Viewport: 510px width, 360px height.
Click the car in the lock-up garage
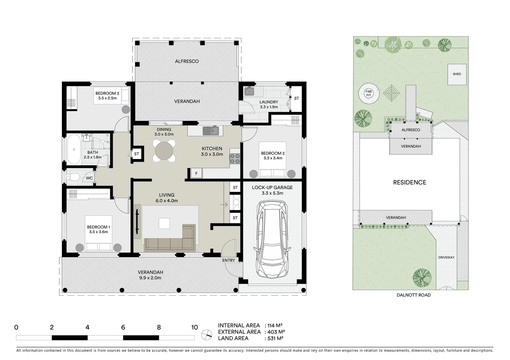click(x=272, y=239)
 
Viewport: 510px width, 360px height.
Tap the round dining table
click(x=164, y=151)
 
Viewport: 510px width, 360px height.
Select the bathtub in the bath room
click(x=74, y=149)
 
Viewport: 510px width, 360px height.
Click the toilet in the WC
click(x=73, y=177)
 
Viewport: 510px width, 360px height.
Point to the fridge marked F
click(x=196, y=174)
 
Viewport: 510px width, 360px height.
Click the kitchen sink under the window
click(x=210, y=131)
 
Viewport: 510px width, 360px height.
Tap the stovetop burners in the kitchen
click(x=235, y=159)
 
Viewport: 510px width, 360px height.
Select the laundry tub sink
click(x=249, y=91)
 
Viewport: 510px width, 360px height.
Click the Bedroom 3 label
click(x=107, y=93)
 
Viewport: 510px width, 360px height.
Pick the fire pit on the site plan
click(x=369, y=94)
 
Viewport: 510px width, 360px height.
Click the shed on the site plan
click(x=457, y=74)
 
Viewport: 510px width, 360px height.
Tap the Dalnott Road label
click(x=414, y=295)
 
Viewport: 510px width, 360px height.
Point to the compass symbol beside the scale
click(x=207, y=335)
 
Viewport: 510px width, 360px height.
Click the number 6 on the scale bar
click(x=123, y=327)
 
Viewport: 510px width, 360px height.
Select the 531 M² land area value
click(x=275, y=338)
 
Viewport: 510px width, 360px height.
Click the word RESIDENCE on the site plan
click(x=410, y=182)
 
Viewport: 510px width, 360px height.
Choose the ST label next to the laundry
click(x=297, y=99)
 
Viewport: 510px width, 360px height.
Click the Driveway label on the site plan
click(x=446, y=257)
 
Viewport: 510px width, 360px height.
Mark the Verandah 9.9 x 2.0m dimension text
click(x=150, y=278)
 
